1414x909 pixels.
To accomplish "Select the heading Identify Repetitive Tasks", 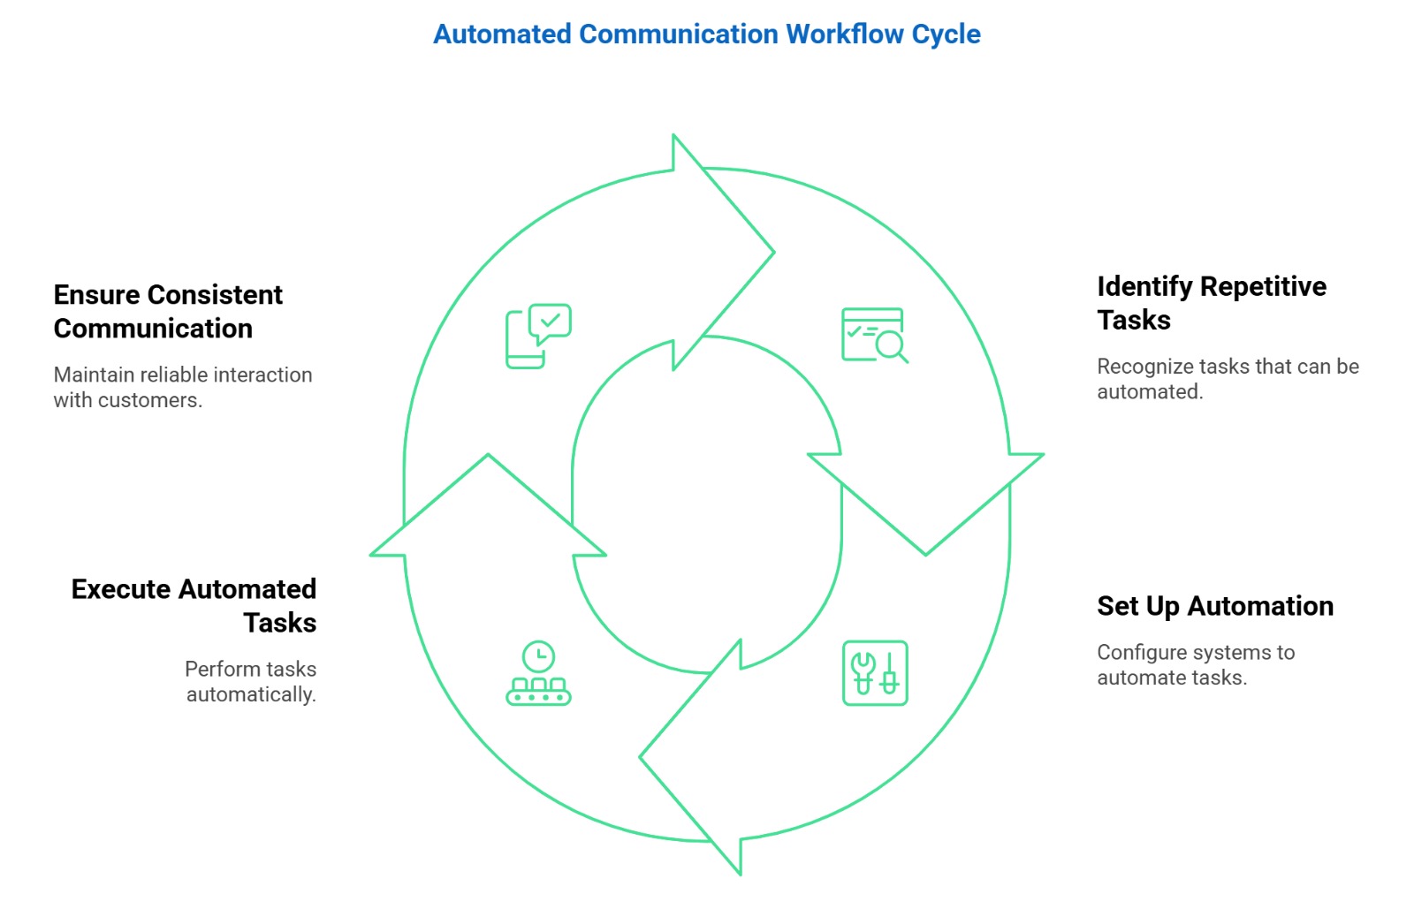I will (1211, 303).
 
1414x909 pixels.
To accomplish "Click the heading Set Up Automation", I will (1214, 606).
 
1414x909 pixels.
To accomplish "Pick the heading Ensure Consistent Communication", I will (168, 311).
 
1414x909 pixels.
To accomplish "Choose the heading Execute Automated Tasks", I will (194, 605).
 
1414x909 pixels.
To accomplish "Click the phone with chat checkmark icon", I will (538, 336).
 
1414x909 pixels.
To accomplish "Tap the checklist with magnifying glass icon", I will (874, 335).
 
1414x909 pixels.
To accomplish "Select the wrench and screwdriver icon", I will (874, 673).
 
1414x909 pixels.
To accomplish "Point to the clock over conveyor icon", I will (538, 673).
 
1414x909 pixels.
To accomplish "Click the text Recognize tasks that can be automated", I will (1227, 379).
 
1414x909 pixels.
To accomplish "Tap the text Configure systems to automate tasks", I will (1195, 665).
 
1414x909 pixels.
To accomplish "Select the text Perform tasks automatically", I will (251, 681).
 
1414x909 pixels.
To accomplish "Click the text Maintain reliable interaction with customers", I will (182, 387).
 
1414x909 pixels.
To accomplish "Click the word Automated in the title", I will (502, 34).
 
